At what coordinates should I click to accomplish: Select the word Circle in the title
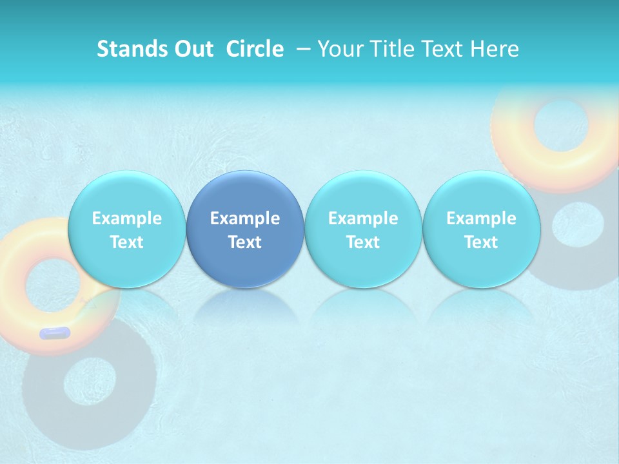pyautogui.click(x=255, y=49)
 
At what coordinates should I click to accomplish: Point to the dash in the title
pyautogui.click(x=302, y=49)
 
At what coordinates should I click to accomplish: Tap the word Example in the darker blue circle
pyautogui.click(x=244, y=218)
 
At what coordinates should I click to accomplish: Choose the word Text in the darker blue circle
pyautogui.click(x=244, y=242)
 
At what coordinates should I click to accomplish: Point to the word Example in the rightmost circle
pyautogui.click(x=480, y=218)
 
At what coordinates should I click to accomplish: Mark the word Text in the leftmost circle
pyautogui.click(x=126, y=242)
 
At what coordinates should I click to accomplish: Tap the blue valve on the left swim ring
pyautogui.click(x=54, y=333)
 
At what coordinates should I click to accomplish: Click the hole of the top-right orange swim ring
pyautogui.click(x=558, y=126)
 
